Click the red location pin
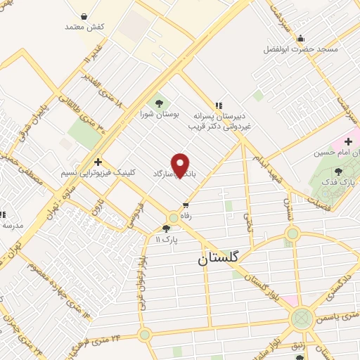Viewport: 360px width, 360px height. pyautogui.click(x=181, y=165)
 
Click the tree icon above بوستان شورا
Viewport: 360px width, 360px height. pyautogui.click(x=158, y=100)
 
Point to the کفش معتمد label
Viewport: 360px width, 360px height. pyautogui.click(x=84, y=27)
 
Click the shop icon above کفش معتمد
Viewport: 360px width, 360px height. pyautogui.click(x=84, y=15)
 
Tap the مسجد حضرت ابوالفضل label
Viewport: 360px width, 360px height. pyautogui.click(x=301, y=50)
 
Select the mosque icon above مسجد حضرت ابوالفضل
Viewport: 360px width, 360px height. pyautogui.click(x=301, y=38)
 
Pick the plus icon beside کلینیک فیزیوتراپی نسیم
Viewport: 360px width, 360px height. pyautogui.click(x=98, y=161)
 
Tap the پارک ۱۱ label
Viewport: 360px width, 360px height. pyautogui.click(x=167, y=240)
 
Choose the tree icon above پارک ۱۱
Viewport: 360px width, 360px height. pyautogui.click(x=167, y=228)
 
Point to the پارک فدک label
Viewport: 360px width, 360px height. pyautogui.click(x=340, y=184)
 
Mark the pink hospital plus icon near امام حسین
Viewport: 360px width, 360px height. pyautogui.click(x=348, y=141)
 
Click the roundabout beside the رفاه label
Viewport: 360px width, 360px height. pyautogui.click(x=173, y=218)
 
